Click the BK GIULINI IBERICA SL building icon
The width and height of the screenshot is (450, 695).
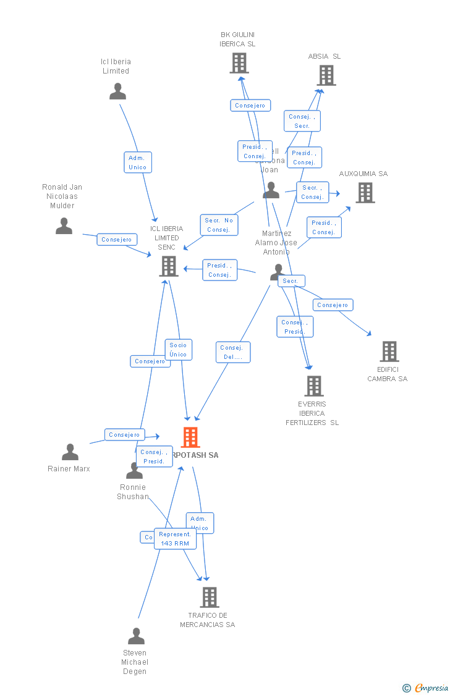click(239, 63)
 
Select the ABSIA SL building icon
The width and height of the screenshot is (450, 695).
click(326, 75)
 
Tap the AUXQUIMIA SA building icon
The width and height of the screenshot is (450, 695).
click(365, 193)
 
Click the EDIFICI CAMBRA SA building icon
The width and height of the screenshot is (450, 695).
click(389, 352)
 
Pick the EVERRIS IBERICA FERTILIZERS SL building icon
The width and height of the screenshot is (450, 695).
click(314, 386)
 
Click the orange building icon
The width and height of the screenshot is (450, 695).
click(190, 437)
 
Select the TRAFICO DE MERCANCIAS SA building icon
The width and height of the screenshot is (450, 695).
click(210, 597)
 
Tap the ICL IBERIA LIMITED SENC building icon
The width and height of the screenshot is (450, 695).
click(169, 266)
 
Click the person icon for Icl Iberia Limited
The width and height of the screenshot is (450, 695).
click(117, 91)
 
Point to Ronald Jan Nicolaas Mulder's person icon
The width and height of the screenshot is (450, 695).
click(64, 226)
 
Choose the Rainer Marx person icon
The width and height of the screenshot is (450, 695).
click(70, 452)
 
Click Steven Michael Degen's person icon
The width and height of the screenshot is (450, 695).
click(136, 636)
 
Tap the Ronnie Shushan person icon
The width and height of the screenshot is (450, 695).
click(134, 471)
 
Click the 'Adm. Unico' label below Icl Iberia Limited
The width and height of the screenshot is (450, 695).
click(137, 162)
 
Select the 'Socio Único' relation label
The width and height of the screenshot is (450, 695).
click(178, 350)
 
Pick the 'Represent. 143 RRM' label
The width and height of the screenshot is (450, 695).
click(175, 539)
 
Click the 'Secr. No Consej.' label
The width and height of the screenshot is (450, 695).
click(219, 225)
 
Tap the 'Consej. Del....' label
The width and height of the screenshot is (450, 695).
click(233, 352)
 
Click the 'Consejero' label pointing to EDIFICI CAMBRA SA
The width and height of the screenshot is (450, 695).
click(333, 305)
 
